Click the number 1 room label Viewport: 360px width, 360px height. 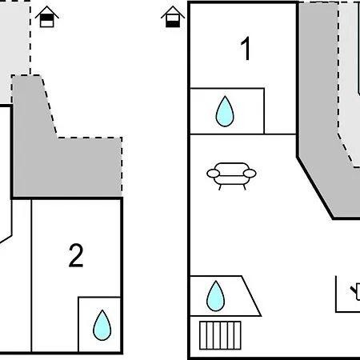click(246, 49)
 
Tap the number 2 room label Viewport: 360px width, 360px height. click(76, 255)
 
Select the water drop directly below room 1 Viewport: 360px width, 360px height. click(225, 111)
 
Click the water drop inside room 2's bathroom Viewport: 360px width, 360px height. click(102, 325)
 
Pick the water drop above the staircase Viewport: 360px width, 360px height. click(215, 296)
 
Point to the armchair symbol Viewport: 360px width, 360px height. click(231, 176)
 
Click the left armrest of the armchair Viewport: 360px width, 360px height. click(213, 174)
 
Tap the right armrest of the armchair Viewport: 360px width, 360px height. click(250, 174)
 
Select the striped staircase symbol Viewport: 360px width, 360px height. click(220, 335)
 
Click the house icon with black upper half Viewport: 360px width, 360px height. click(47, 17)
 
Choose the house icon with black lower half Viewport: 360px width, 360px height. click(173, 17)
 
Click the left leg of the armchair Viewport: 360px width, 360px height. click(220, 187)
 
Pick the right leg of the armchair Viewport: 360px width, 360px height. click(244, 187)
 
